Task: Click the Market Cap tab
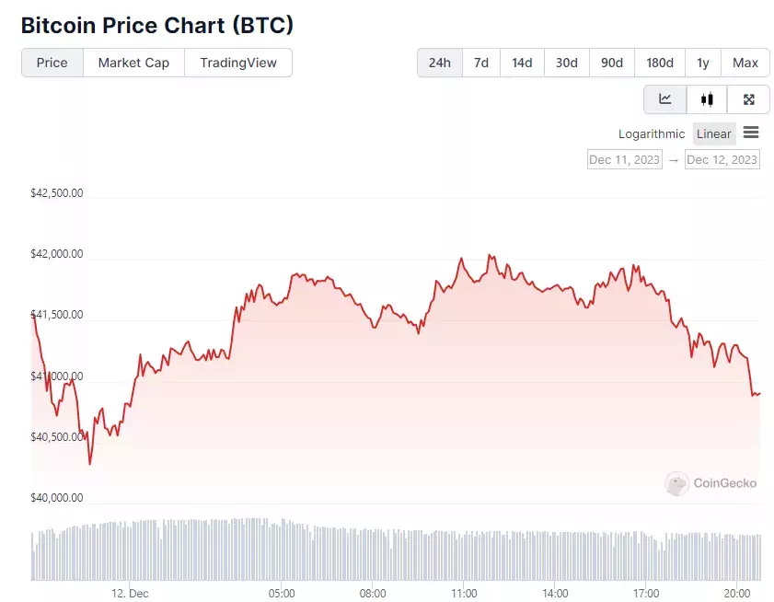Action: (x=133, y=63)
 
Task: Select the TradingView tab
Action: (x=238, y=63)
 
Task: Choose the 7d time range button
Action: (x=481, y=63)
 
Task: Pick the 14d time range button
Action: (x=522, y=63)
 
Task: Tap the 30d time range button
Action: (x=566, y=63)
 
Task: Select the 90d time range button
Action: (x=611, y=63)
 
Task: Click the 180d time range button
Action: (x=659, y=63)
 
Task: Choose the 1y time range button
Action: (x=703, y=63)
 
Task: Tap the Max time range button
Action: (x=745, y=63)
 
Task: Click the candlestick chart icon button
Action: (x=707, y=99)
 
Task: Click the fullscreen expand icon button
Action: (x=748, y=99)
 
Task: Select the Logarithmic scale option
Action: (x=652, y=133)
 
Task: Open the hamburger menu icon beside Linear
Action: (x=751, y=133)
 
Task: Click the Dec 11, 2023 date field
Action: (x=625, y=159)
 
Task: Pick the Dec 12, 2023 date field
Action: (x=722, y=159)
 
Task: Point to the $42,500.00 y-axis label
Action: (x=57, y=193)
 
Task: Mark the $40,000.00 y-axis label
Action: (x=57, y=498)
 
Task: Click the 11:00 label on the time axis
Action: (x=464, y=593)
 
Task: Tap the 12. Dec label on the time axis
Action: (x=130, y=593)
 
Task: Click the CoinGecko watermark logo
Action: (x=711, y=482)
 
